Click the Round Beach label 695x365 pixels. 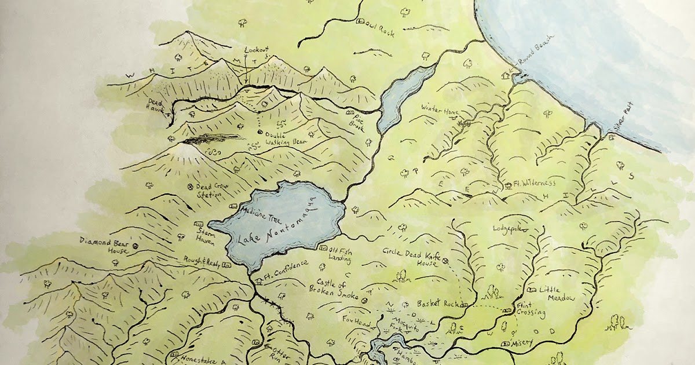[536, 49]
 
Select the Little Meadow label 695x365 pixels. [557, 294]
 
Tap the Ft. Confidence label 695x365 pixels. [283, 277]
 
